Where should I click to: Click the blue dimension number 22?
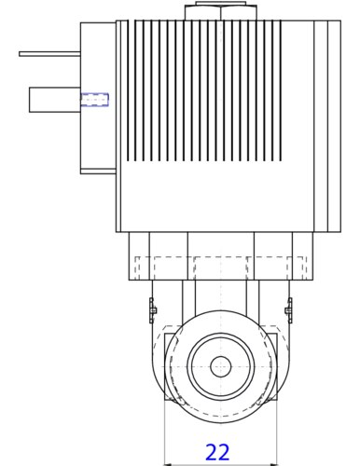click(217, 452)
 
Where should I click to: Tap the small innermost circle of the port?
click(221, 366)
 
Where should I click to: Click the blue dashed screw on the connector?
click(94, 100)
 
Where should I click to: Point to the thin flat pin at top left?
click(49, 54)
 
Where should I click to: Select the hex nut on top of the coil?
click(221, 12)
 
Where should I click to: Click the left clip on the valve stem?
click(152, 310)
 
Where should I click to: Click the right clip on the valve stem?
click(289, 310)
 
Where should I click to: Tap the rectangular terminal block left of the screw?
click(55, 100)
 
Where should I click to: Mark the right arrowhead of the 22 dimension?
click(273, 464)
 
